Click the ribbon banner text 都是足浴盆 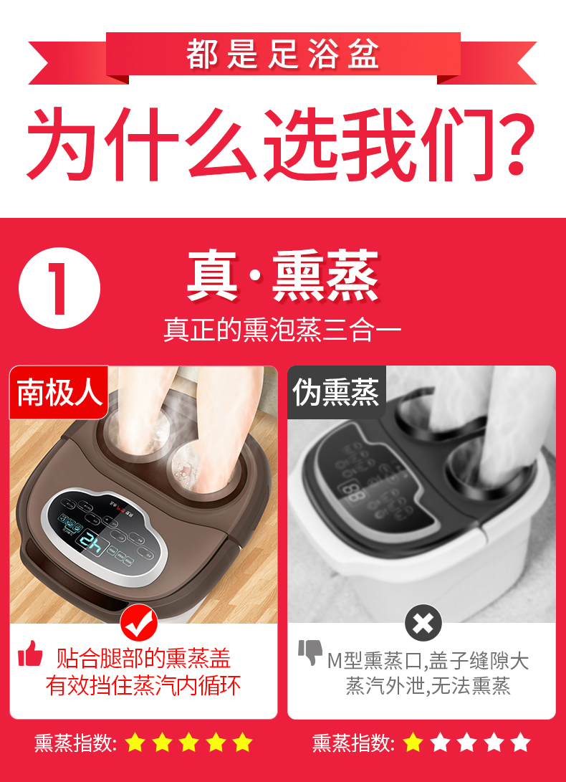point(282,54)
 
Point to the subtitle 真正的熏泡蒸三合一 point(282,330)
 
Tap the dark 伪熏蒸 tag point(336,392)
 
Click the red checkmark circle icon point(138,622)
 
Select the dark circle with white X point(423,622)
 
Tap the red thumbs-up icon point(30,654)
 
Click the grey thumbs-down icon point(310,653)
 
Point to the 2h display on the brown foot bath point(92,543)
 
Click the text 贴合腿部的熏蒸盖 point(143,658)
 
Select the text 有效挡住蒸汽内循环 point(143,686)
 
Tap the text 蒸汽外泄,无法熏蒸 point(428,686)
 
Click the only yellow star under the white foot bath point(414,743)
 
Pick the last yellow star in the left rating point(243,743)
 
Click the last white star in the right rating point(521,743)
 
